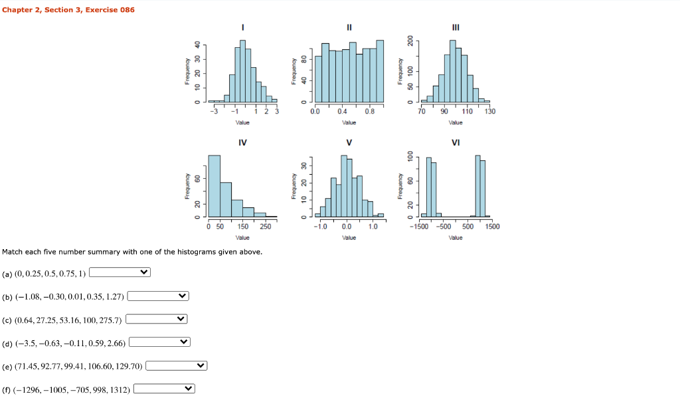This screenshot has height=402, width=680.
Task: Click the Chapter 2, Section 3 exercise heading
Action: pos(68,9)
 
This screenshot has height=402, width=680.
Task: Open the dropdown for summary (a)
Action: pos(120,272)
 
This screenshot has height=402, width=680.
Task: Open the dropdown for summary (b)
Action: pos(158,296)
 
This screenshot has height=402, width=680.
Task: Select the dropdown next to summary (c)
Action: pos(157,319)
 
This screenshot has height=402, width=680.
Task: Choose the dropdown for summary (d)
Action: pos(159,342)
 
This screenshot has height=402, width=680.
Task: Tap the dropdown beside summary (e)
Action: pos(176,365)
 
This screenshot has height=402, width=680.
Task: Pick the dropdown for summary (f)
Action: pos(164,389)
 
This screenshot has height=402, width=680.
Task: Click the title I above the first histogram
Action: pos(243,27)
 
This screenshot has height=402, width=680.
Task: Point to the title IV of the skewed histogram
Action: pos(242,142)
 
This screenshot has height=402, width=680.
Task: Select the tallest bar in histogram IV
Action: pos(214,186)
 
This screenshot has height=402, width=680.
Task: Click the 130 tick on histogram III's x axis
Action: pos(489,112)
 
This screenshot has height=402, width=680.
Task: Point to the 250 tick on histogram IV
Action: pos(265,227)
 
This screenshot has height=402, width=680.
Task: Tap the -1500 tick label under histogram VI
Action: pos(420,227)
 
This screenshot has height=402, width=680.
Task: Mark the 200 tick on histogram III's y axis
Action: pos(410,41)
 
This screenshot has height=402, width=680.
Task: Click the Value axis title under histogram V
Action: pos(349,237)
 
